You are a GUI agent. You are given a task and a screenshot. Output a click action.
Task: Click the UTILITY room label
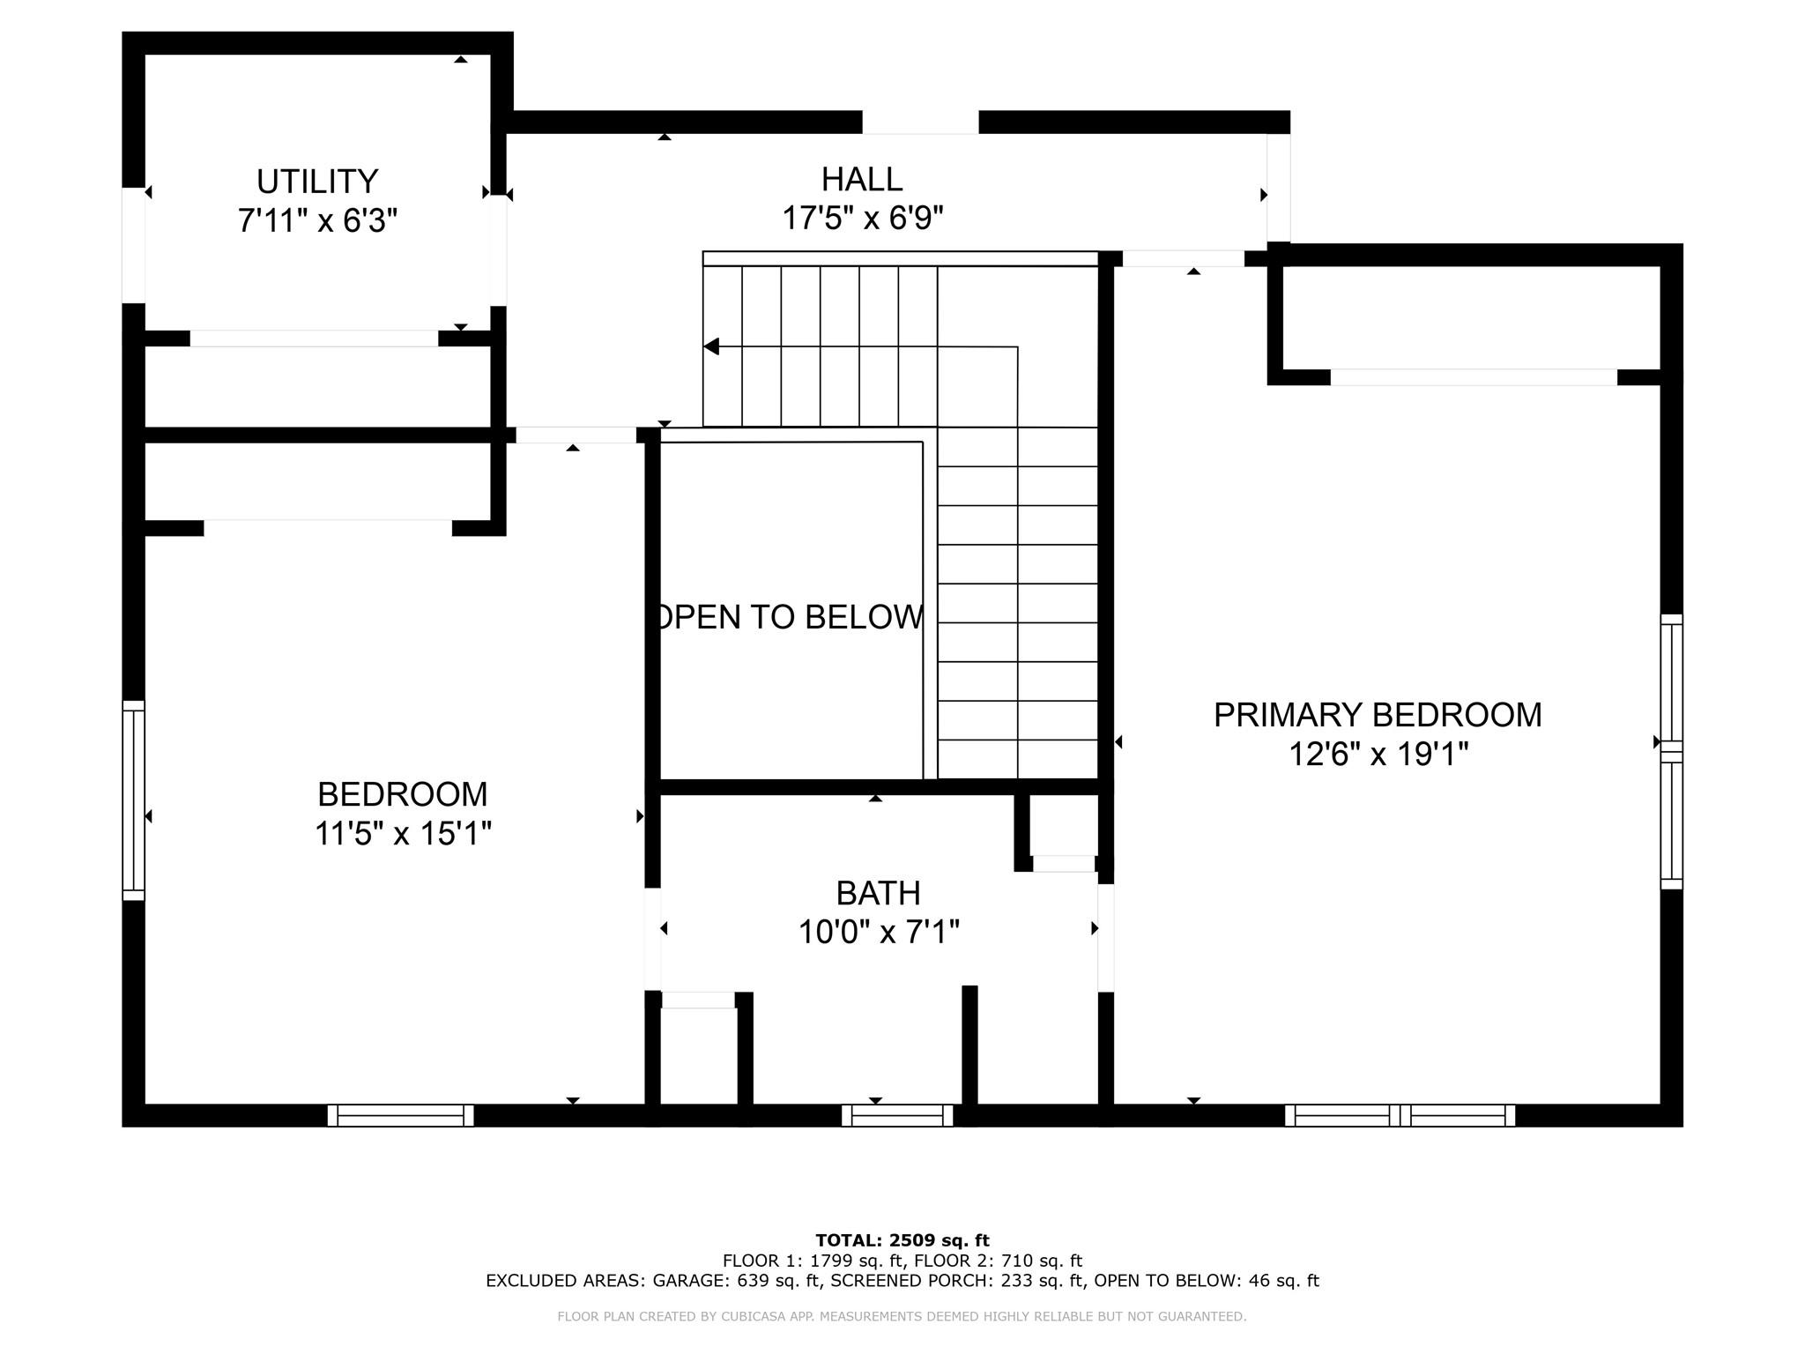[317, 182]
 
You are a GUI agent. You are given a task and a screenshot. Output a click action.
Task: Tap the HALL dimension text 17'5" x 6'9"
[862, 218]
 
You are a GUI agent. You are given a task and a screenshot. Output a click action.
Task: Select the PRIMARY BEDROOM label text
[1377, 715]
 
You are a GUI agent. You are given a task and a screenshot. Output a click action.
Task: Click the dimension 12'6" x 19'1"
[1378, 755]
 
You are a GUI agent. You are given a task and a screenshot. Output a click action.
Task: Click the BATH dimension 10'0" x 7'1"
[878, 932]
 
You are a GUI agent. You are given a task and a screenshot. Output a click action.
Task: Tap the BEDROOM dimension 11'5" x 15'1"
[403, 833]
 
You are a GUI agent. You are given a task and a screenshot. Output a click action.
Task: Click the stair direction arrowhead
[711, 346]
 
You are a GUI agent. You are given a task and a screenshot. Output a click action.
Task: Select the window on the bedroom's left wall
[133, 800]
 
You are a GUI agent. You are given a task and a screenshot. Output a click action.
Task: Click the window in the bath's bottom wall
[897, 1116]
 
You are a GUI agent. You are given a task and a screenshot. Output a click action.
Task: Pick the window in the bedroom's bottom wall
[401, 1116]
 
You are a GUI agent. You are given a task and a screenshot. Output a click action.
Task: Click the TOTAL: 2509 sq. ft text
[902, 1241]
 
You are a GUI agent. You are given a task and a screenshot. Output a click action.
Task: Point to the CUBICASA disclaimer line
[902, 1317]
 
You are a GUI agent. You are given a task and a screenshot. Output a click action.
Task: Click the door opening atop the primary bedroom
[1183, 258]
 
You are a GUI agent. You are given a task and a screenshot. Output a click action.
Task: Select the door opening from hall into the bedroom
[576, 435]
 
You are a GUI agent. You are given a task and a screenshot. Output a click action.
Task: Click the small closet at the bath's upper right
[1064, 826]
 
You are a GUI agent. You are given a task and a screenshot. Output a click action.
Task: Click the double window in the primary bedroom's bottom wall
[1400, 1116]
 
